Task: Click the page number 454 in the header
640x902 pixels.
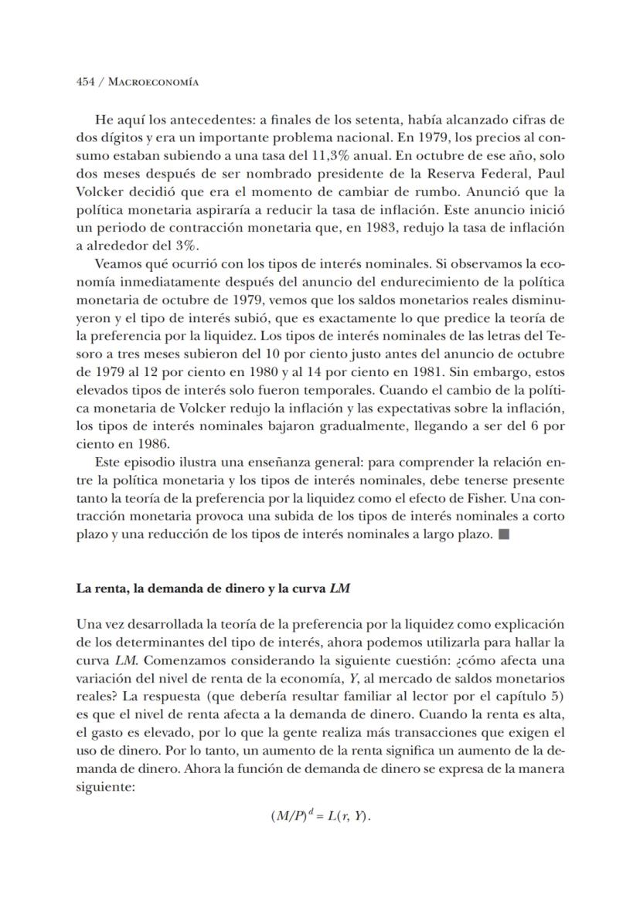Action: click(x=85, y=82)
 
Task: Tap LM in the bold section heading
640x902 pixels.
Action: click(x=339, y=588)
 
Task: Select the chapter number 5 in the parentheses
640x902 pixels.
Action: click(x=557, y=697)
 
